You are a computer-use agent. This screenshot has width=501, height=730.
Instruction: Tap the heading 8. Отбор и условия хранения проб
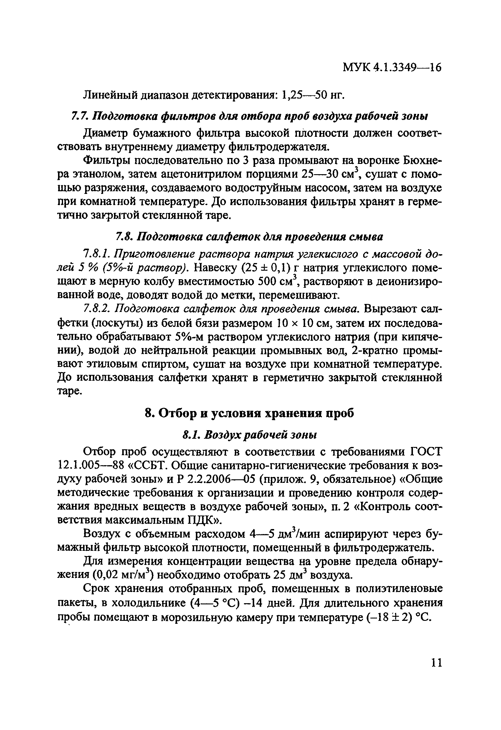pyautogui.click(x=249, y=413)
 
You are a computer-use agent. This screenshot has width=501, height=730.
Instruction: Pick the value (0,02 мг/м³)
pyautogui.click(x=123, y=575)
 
